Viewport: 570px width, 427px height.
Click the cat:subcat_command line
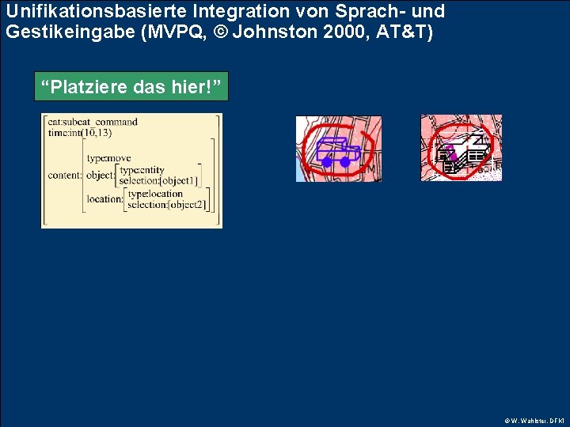[93, 122]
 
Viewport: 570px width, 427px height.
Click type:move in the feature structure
[108, 159]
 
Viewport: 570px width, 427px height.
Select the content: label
[64, 176]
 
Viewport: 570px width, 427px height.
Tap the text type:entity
[142, 170]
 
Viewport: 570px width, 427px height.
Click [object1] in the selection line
[180, 181]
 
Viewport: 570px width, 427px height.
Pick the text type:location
[155, 194]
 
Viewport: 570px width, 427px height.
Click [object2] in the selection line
[188, 205]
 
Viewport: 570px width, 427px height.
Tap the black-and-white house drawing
[463, 151]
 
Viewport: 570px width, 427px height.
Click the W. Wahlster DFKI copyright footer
[535, 421]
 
